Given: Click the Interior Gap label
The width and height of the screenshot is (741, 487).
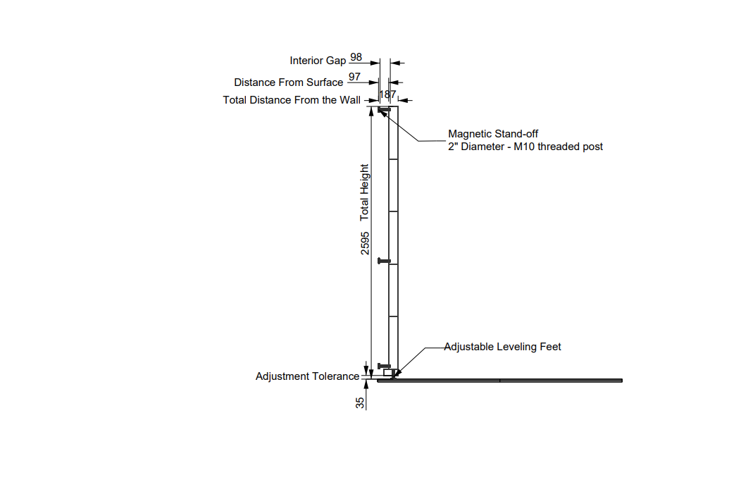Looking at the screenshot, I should (318, 61).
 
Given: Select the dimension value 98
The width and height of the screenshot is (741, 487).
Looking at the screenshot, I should (356, 56).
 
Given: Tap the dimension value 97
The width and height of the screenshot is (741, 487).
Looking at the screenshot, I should (354, 76).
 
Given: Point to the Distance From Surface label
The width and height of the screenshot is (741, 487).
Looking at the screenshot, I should (288, 82).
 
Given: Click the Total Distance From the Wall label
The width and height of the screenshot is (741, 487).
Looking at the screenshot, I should (292, 100).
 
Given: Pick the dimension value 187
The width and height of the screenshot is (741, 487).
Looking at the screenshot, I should (388, 94).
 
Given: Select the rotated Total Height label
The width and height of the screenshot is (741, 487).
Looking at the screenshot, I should (364, 192).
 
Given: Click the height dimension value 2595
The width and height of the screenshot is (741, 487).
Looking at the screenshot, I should (365, 241).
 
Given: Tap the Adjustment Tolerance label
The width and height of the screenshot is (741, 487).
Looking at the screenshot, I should (307, 376).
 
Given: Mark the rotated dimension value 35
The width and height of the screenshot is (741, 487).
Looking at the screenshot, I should (360, 403).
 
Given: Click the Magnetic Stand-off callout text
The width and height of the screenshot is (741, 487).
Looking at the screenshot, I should (493, 133).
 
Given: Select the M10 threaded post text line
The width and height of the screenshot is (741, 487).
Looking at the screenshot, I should (525, 147).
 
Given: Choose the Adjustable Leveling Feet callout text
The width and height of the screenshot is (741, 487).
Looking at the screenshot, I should (503, 347).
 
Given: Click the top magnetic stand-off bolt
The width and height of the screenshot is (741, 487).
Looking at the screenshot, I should (384, 110).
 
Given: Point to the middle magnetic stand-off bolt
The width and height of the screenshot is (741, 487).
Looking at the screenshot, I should (384, 261).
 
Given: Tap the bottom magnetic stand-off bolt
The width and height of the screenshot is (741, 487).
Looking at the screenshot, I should (384, 365).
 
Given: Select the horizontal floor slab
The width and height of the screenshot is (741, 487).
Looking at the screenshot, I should (500, 381).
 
